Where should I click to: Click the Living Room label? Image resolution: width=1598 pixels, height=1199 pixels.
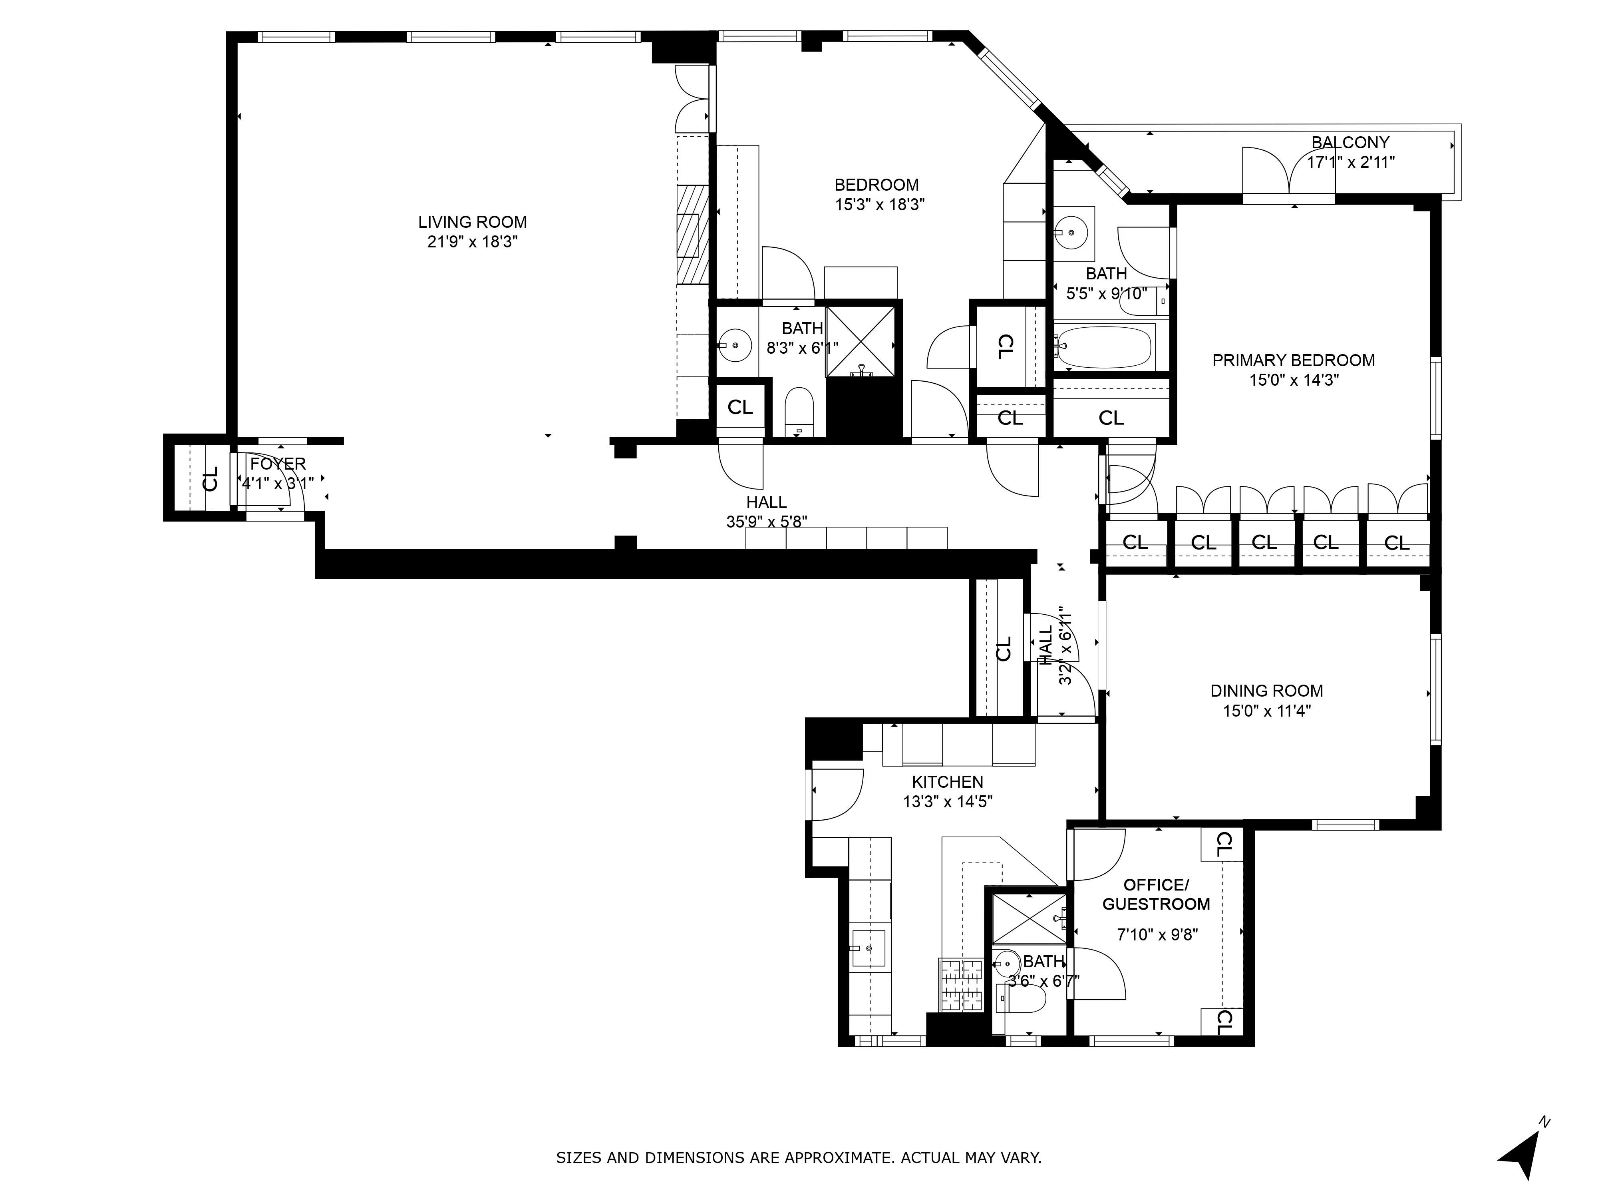click(473, 222)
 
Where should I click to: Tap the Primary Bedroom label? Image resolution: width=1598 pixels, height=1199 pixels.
click(1293, 360)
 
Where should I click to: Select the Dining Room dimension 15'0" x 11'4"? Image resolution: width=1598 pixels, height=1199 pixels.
click(1266, 711)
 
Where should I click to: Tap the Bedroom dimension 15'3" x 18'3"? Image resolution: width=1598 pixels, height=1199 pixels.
click(879, 205)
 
